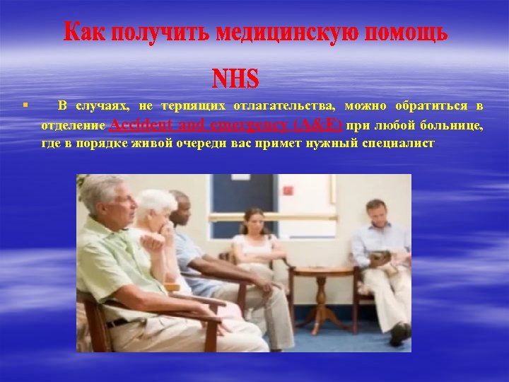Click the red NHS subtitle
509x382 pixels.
coord(235,79)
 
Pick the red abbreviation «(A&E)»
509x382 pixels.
coord(317,125)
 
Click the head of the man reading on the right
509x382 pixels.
coord(377,212)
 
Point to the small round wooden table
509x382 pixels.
coord(322,283)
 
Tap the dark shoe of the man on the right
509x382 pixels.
coord(399,333)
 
